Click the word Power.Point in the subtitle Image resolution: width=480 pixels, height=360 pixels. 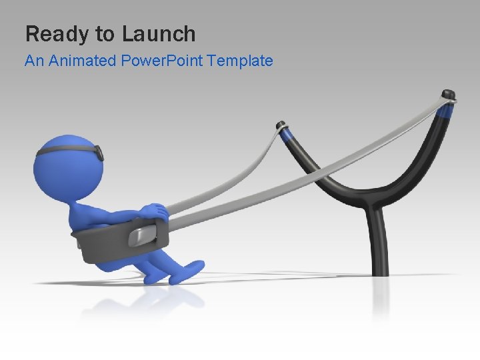[x=163, y=61]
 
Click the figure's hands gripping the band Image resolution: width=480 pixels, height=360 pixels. [x=157, y=212]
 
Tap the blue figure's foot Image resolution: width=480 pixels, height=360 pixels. [x=188, y=269]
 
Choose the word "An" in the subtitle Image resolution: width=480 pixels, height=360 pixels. [x=33, y=61]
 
